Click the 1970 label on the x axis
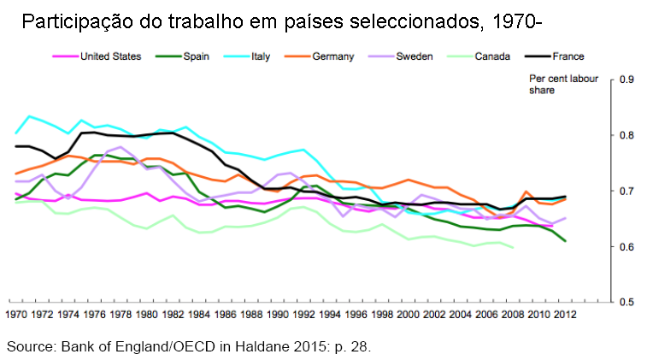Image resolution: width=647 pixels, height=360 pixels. [16, 315]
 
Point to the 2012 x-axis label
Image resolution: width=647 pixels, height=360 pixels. [565, 315]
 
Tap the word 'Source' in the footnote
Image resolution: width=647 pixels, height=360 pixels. [28, 346]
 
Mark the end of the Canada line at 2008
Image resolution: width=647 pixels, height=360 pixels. [513, 247]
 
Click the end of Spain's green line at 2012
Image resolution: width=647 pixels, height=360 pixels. [565, 241]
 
